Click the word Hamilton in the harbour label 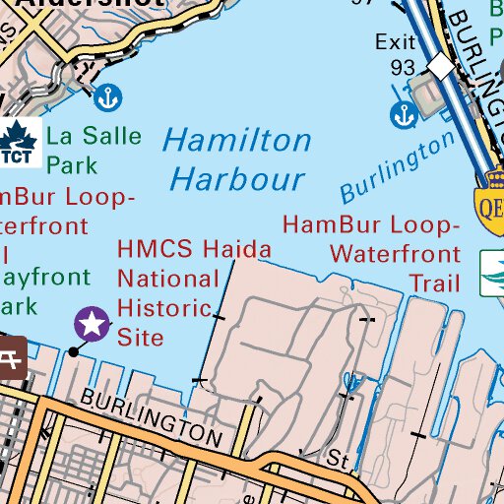(236, 141)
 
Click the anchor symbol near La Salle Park (106, 97)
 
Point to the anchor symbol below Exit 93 (403, 114)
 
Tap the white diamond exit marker (442, 67)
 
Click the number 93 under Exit (403, 67)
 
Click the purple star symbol (93, 321)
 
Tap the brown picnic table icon (12, 356)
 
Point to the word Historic (165, 308)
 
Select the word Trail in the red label (434, 284)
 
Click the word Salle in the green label (109, 136)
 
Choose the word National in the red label (168, 280)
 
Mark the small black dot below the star (73, 351)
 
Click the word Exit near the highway (397, 42)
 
